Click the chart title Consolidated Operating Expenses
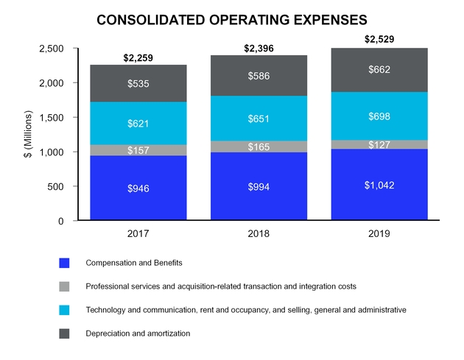(232, 19)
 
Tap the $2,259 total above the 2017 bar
(138, 57)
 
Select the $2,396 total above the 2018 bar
(259, 49)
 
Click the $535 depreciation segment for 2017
(138, 84)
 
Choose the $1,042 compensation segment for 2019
(379, 185)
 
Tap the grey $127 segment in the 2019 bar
(379, 145)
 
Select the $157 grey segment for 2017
(138, 150)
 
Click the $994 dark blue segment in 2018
(259, 187)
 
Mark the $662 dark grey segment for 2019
(379, 70)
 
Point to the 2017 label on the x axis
(138, 234)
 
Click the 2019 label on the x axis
(379, 234)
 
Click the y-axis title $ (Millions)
(29, 134)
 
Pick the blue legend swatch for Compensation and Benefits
(64, 263)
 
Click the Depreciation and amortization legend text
(138, 333)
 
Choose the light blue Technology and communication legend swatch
(64, 310)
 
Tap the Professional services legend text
(222, 286)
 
